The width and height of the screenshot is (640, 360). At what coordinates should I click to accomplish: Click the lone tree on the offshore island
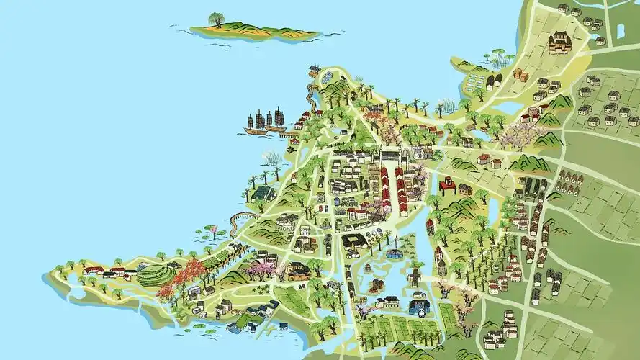[216, 19]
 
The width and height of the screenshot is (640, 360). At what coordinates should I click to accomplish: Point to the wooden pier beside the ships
[288, 134]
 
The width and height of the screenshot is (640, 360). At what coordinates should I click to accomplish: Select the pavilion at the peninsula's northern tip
[314, 69]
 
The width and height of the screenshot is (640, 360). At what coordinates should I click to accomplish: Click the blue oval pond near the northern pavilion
[328, 76]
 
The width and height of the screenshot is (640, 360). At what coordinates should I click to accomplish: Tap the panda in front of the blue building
[420, 310]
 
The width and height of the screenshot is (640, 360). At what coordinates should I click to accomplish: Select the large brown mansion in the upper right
[560, 42]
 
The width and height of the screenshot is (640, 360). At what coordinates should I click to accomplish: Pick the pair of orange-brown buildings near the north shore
[520, 75]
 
